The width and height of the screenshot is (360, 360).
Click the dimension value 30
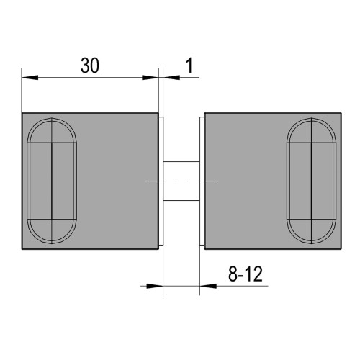coord(90,66)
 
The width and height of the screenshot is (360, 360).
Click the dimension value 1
coord(189,66)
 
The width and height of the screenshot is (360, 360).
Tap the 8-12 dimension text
coord(246,274)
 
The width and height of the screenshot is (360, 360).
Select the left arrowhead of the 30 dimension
coord(30,77)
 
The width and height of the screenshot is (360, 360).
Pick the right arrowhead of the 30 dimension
coord(150,77)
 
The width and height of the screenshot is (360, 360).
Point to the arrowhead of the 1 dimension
coord(171,77)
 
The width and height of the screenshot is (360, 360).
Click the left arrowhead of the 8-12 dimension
coord(155,286)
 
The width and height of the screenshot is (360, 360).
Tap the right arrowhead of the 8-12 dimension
coord(208,286)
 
